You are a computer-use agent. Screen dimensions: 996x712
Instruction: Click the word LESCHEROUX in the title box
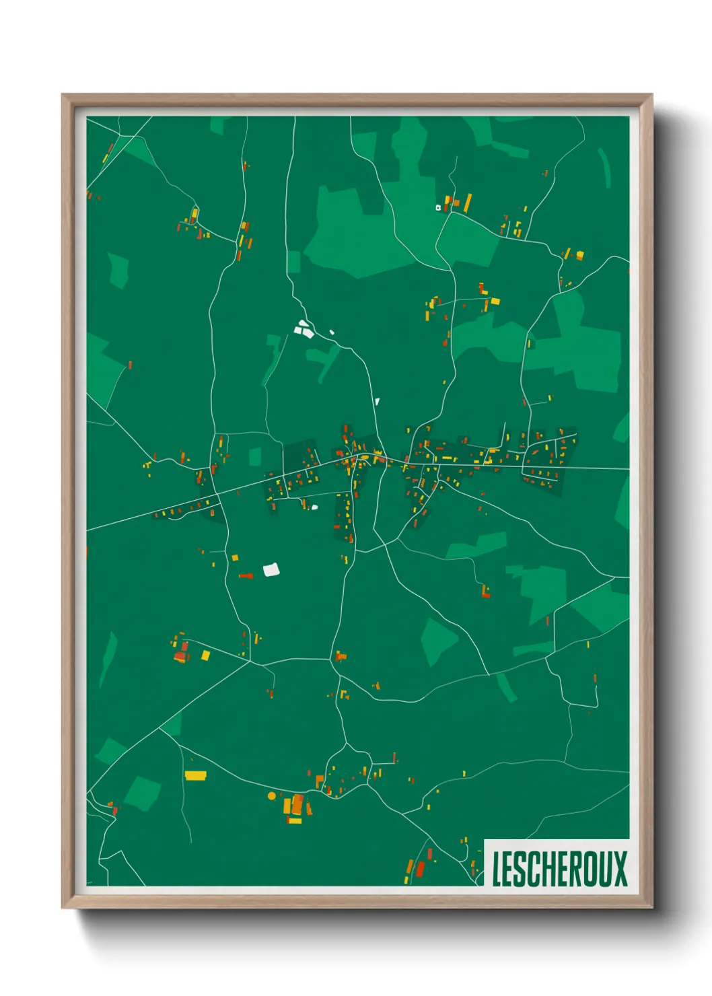(x=559, y=869)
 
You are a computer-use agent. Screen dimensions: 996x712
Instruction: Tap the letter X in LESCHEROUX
(x=619, y=869)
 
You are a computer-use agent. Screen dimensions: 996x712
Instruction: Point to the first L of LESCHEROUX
(x=497, y=869)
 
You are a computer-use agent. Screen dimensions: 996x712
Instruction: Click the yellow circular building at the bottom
(x=272, y=795)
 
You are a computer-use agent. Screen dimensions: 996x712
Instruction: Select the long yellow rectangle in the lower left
(x=195, y=775)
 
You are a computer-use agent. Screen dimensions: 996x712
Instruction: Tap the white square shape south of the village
(x=271, y=570)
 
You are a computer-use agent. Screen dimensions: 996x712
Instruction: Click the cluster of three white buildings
(x=304, y=329)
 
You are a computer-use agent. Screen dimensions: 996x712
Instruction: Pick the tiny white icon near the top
(x=438, y=207)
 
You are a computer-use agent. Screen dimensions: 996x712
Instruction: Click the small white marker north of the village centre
(x=377, y=402)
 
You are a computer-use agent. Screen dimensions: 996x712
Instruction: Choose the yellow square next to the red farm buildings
(x=205, y=655)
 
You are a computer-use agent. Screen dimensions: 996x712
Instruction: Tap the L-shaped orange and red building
(x=341, y=655)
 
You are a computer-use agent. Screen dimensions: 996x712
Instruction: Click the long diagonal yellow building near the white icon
(x=468, y=201)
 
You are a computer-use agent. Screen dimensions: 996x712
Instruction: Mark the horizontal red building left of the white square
(x=246, y=576)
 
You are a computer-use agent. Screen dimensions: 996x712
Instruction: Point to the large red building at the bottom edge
(x=421, y=869)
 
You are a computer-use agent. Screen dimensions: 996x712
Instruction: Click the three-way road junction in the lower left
(x=250, y=662)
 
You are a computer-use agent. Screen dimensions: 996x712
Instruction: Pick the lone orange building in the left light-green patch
(x=130, y=365)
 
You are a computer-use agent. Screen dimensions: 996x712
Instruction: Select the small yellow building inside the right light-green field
(x=530, y=344)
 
